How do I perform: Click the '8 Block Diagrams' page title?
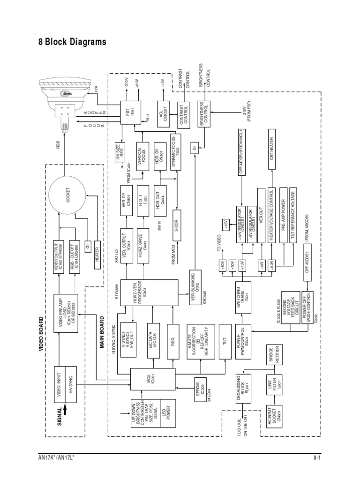[72, 42]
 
